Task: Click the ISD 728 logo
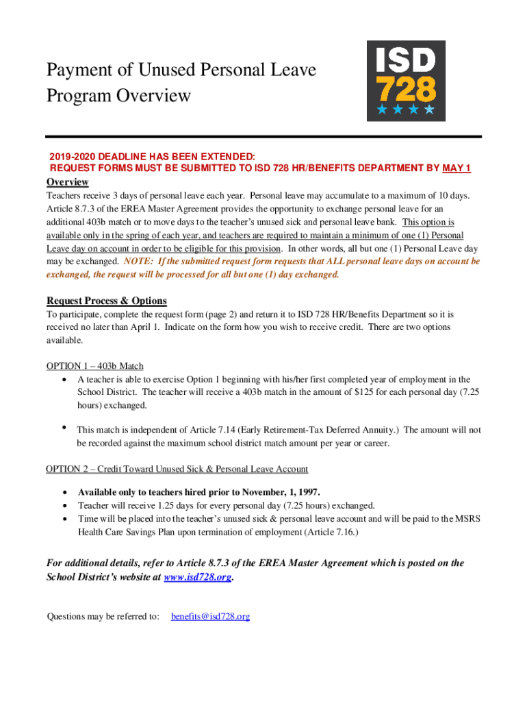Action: point(406,81)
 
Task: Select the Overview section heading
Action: point(67,182)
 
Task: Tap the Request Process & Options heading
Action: point(106,301)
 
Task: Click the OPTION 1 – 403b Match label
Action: point(94,366)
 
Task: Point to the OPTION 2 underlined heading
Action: point(177,469)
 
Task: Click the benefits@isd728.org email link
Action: point(210,616)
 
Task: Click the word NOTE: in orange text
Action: point(139,262)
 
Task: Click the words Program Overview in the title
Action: point(118,95)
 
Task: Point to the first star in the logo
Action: point(381,110)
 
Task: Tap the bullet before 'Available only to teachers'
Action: point(64,492)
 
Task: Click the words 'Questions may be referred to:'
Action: point(103,616)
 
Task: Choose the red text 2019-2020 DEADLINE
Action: point(102,156)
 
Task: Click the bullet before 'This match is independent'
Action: point(64,429)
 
